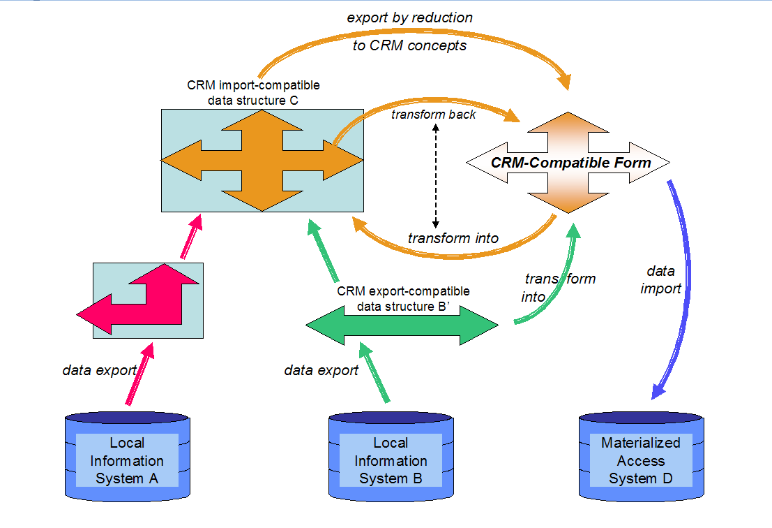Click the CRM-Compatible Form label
[570, 163]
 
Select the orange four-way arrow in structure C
[262, 161]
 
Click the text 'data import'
[660, 279]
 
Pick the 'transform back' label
[433, 115]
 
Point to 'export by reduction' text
[409, 17]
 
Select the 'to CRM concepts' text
[409, 46]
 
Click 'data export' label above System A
[98, 370]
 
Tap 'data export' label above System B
[321, 370]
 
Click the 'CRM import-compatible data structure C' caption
[253, 92]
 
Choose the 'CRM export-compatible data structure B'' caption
[403, 298]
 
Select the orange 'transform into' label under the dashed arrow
[453, 238]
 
